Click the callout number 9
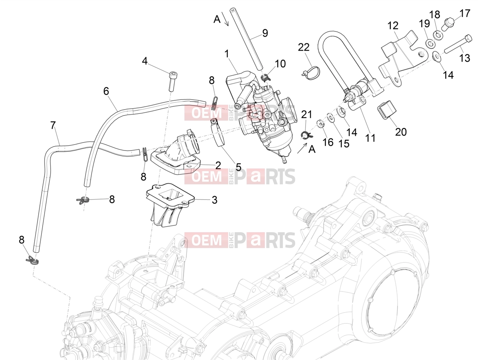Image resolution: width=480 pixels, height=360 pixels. (x=265, y=33)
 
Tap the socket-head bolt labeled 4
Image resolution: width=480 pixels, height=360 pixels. (x=173, y=82)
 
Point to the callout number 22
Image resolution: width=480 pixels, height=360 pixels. (x=304, y=47)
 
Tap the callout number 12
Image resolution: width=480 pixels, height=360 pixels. (x=393, y=26)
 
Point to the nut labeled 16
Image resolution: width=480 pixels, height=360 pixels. (x=320, y=124)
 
